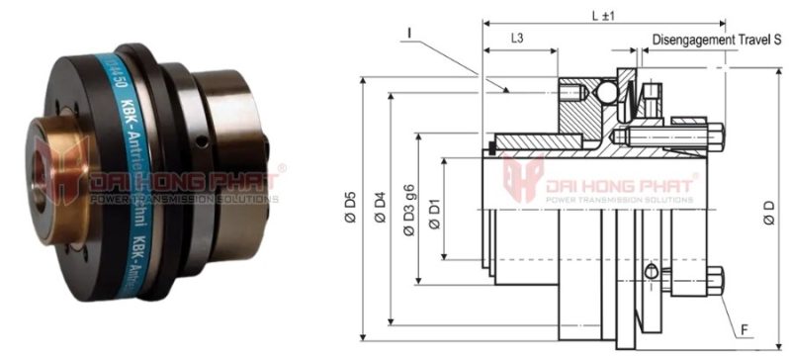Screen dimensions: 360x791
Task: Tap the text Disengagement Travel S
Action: click(x=718, y=40)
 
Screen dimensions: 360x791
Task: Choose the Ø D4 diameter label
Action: click(x=380, y=207)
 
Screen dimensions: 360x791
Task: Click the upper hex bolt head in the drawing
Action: click(x=715, y=135)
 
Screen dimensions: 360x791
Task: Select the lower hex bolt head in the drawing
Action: click(x=715, y=280)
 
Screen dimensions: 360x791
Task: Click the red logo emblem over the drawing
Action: click(x=523, y=179)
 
